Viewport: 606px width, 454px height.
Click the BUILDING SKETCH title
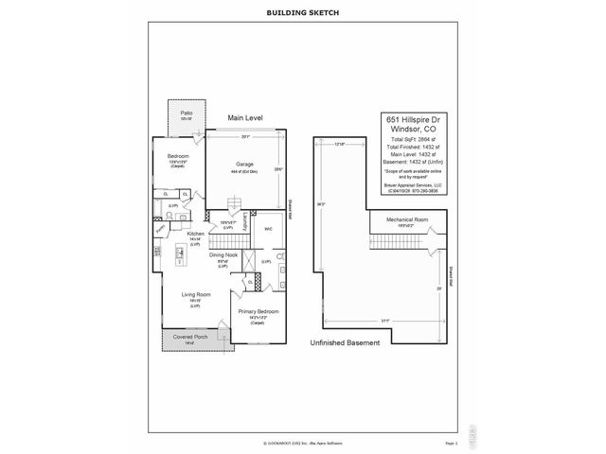tap(303, 13)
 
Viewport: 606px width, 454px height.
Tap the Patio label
tap(187, 113)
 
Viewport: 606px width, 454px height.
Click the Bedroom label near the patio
tap(178, 156)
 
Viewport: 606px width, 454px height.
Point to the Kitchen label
tap(196, 234)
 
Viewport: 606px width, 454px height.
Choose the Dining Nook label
tap(223, 255)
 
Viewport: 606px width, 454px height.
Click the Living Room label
tap(194, 296)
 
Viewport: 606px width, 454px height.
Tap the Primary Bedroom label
tap(257, 311)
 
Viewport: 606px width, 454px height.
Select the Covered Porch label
tap(190, 337)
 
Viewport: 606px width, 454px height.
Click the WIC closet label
tap(268, 228)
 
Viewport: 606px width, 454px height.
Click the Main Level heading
tap(245, 118)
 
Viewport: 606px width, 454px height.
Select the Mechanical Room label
tap(407, 219)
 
